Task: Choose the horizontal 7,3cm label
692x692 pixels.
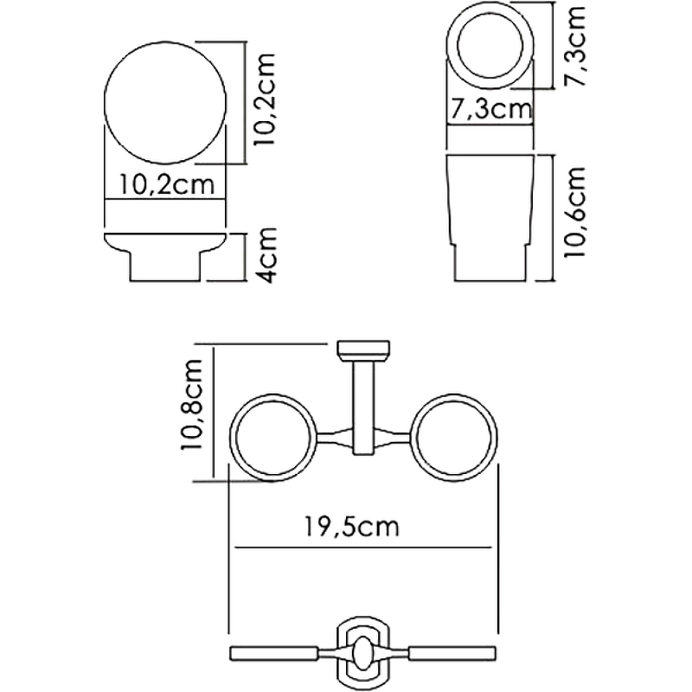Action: tap(490, 111)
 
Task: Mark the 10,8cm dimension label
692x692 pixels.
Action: tap(192, 407)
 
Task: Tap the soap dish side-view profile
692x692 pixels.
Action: tap(166, 257)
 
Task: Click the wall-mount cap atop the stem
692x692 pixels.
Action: tap(361, 349)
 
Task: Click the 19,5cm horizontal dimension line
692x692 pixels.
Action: tap(285, 547)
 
